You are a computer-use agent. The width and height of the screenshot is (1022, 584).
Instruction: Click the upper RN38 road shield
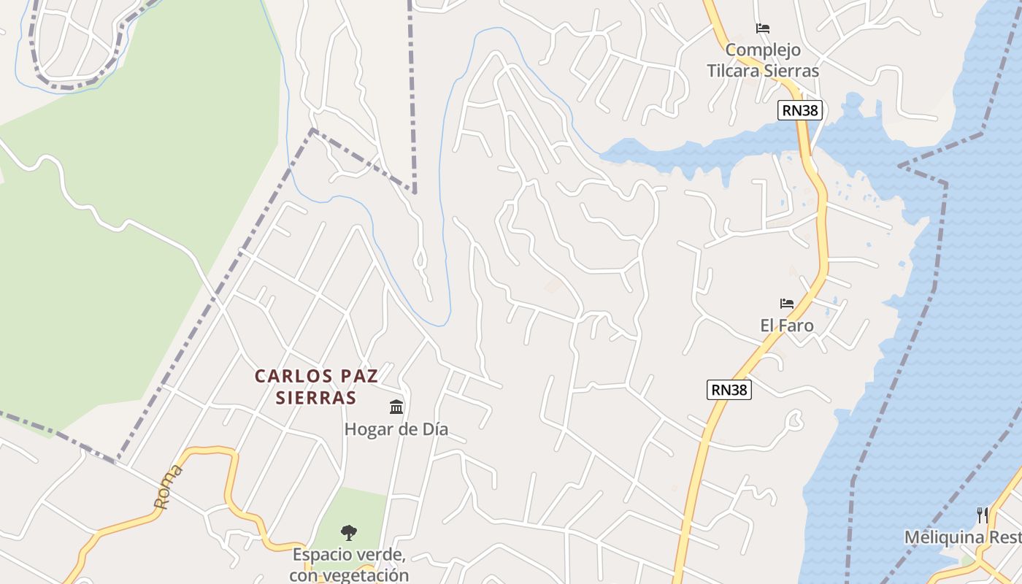click(801, 110)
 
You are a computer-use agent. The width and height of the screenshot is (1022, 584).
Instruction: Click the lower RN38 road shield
click(729, 390)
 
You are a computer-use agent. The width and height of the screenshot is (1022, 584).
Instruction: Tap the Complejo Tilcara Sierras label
click(763, 61)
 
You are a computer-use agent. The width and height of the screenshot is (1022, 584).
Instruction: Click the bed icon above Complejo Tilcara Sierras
click(763, 28)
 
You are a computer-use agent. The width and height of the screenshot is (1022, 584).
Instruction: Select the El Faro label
click(787, 326)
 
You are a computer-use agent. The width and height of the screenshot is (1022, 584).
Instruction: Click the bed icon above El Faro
click(786, 304)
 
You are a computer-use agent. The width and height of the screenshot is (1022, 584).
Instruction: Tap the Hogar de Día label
click(396, 429)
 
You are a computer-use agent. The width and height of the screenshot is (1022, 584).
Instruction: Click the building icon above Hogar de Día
click(396, 407)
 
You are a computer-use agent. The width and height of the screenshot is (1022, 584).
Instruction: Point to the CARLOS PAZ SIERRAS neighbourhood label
click(316, 387)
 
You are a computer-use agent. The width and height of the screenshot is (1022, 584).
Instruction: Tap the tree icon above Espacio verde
click(349, 533)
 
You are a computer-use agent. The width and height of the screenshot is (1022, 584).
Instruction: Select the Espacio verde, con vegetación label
click(349, 564)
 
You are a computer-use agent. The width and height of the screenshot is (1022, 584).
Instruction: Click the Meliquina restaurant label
click(962, 538)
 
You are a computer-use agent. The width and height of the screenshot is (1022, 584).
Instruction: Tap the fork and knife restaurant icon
click(982, 515)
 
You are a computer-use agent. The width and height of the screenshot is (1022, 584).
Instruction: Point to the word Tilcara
click(735, 71)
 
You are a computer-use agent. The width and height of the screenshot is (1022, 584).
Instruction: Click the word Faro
click(797, 326)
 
